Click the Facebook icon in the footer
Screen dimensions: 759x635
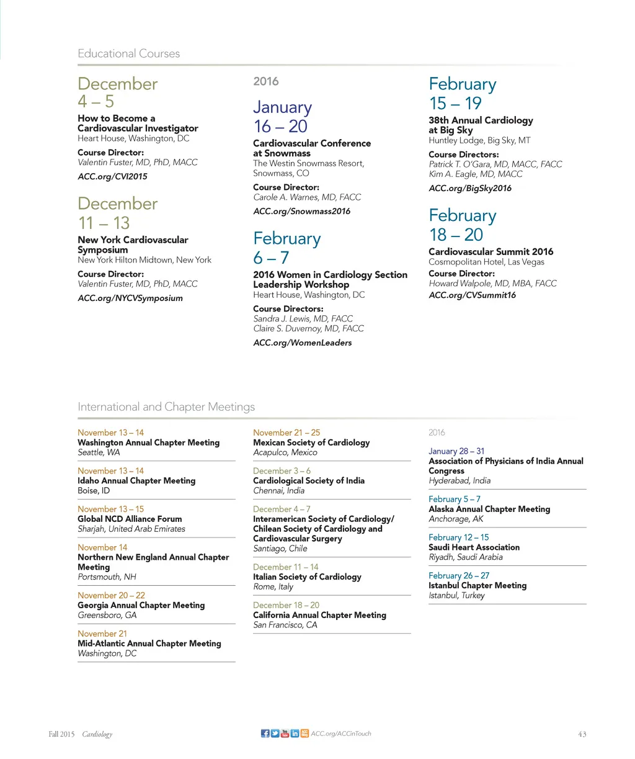[x=265, y=734]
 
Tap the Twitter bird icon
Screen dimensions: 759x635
[x=275, y=734]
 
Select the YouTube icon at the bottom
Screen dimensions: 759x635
[x=285, y=734]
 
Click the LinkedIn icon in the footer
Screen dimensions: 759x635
[x=295, y=734]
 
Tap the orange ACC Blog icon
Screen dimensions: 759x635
[x=304, y=734]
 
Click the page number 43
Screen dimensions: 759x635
[x=582, y=734]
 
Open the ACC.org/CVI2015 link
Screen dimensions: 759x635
[x=112, y=176]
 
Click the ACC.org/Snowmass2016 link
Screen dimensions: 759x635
[x=301, y=211]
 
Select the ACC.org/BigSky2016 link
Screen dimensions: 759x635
[x=470, y=188]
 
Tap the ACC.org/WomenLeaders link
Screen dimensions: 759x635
[x=302, y=343]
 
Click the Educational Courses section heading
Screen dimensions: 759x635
[x=128, y=54]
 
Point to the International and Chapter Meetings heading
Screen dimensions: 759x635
[x=166, y=407]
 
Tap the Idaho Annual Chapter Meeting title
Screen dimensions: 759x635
[x=136, y=481]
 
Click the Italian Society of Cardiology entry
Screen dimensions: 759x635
[x=307, y=577]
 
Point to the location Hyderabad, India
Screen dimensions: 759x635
[x=460, y=480]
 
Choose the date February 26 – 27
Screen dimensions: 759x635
[x=459, y=575]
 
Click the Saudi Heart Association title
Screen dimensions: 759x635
[x=474, y=547]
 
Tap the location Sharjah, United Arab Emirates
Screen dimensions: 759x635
[x=131, y=529]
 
